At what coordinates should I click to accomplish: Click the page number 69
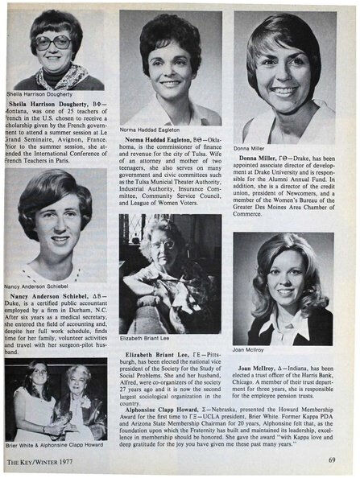click(331, 459)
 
